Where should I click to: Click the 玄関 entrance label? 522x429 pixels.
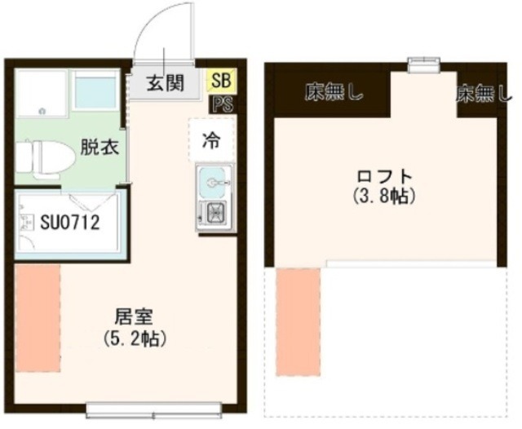(x=164, y=82)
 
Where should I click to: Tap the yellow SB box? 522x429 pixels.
(x=219, y=81)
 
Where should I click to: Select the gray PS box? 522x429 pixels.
(x=219, y=104)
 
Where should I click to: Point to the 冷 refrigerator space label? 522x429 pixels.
(x=210, y=139)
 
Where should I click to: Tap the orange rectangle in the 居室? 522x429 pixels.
(x=38, y=318)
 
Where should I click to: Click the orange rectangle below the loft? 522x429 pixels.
(x=299, y=322)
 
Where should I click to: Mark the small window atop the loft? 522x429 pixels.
(x=422, y=63)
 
